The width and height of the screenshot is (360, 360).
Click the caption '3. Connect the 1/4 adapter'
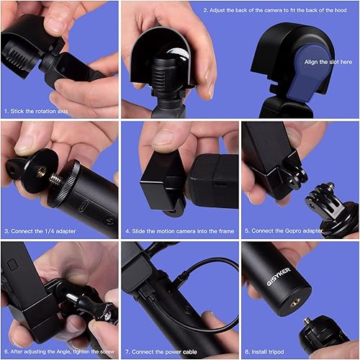pos(40,231)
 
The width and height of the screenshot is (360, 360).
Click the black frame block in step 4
pos(161,179)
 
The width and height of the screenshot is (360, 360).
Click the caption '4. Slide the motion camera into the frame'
pos(178,231)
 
